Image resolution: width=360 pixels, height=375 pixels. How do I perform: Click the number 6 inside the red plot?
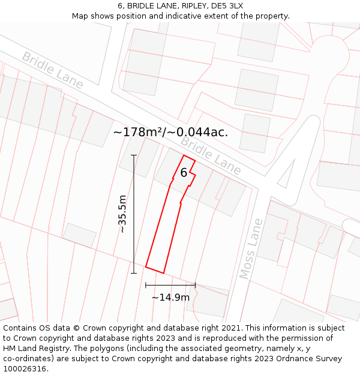(184, 173)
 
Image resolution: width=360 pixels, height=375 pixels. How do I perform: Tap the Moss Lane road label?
(251, 248)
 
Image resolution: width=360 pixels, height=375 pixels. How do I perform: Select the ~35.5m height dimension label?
(122, 214)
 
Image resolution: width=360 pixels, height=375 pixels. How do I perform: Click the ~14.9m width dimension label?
(170, 297)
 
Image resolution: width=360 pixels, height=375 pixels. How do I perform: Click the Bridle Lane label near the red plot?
(211, 155)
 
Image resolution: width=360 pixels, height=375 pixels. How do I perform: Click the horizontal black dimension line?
(170, 285)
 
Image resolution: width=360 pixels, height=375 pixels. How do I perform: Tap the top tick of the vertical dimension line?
(134, 155)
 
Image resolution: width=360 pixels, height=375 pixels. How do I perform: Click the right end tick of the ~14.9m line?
(195, 285)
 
